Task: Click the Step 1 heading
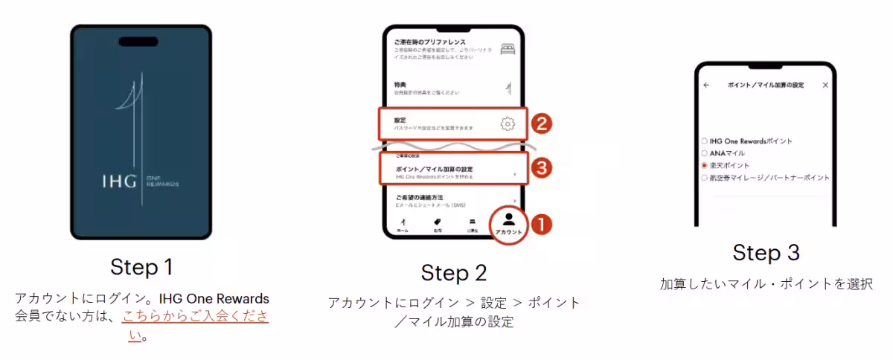(141, 266)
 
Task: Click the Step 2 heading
(453, 272)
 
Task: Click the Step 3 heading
(766, 252)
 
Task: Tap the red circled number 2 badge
(542, 123)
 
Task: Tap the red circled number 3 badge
(542, 169)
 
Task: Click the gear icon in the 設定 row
(508, 123)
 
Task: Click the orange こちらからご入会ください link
(195, 316)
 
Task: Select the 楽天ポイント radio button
(705, 165)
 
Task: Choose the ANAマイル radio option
(705, 152)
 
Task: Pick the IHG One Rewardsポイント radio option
(705, 141)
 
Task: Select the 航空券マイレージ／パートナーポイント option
(705, 178)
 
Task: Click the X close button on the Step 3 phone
(825, 86)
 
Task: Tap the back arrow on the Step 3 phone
(706, 86)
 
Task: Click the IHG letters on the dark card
(120, 181)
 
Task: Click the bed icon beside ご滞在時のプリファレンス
(508, 49)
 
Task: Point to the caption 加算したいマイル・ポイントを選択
(766, 284)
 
